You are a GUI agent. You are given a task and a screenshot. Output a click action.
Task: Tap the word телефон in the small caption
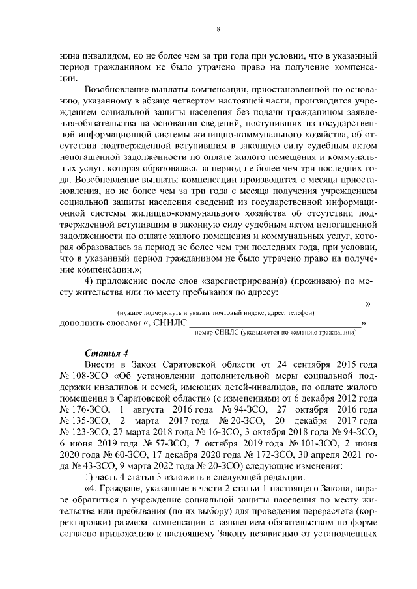click(299, 313)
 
